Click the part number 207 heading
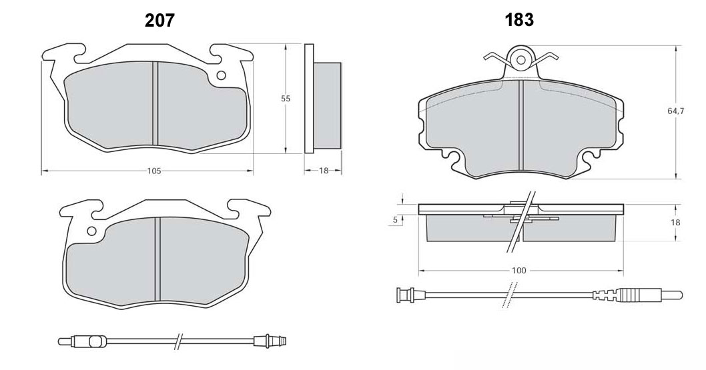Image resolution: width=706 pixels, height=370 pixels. [x=159, y=20]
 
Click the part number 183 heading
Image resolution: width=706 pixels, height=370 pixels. [x=519, y=20]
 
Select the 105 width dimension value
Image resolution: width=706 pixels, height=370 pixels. [x=154, y=171]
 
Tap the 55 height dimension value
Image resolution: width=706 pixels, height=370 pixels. [x=286, y=99]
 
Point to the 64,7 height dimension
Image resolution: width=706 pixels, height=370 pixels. [x=676, y=111]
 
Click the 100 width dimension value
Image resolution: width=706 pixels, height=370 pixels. [x=518, y=271]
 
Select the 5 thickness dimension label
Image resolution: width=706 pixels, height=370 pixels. [x=395, y=220]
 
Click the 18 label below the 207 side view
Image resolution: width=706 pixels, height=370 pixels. [x=324, y=171]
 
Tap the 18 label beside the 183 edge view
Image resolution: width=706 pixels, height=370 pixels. [x=675, y=222]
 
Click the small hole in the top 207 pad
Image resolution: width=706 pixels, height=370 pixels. [x=221, y=75]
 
